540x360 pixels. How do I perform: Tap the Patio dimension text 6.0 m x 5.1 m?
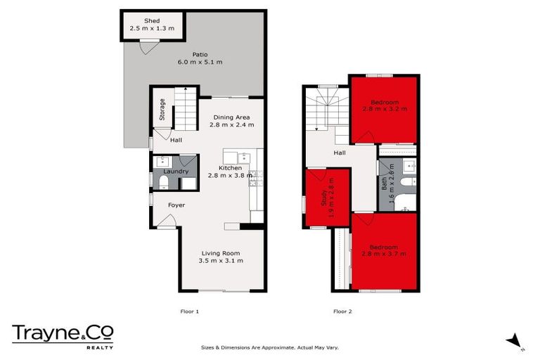(200, 63)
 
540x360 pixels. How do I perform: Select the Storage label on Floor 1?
(162, 110)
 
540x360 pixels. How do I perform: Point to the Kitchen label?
(230, 168)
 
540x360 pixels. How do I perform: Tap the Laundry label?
(175, 171)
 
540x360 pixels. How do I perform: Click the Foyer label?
(176, 205)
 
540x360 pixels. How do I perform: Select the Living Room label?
(221, 253)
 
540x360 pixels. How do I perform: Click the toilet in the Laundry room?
(163, 183)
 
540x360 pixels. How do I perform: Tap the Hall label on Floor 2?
(340, 153)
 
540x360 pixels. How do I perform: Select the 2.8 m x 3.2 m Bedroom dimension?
(384, 109)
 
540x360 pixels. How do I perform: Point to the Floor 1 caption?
(191, 310)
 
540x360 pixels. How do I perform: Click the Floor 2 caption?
(342, 310)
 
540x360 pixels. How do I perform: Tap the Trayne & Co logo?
(62, 335)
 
